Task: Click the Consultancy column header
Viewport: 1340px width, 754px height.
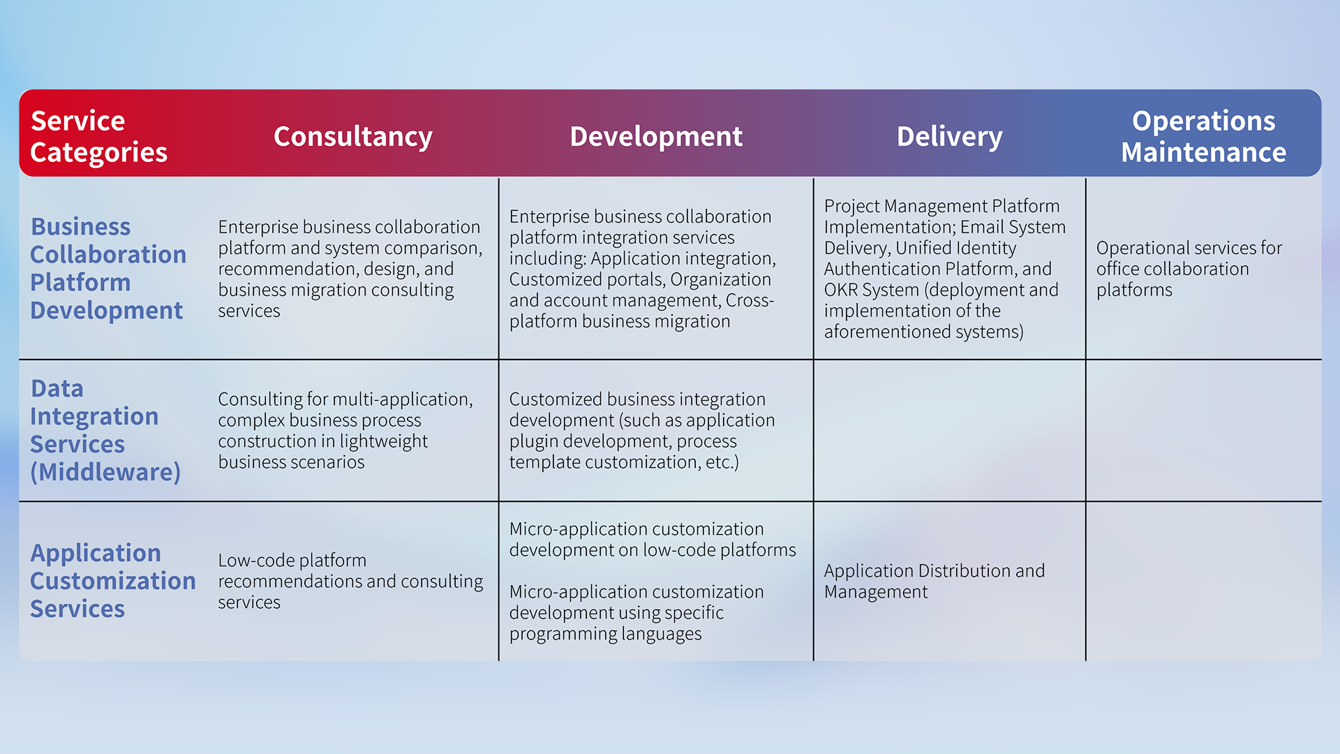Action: (352, 137)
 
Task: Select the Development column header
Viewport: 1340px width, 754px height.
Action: (656, 137)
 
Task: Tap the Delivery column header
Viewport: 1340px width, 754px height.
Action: (949, 137)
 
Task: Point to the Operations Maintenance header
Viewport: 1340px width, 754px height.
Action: (1203, 137)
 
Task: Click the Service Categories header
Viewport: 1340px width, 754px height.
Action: (98, 137)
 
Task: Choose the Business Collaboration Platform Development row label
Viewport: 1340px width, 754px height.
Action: (108, 269)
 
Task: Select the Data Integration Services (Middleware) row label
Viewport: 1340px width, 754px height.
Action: (105, 430)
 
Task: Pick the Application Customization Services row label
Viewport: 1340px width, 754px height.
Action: (112, 581)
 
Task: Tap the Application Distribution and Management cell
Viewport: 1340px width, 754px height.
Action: (934, 581)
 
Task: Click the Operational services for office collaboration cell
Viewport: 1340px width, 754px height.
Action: (1189, 269)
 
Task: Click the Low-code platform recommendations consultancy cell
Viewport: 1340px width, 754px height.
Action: (350, 581)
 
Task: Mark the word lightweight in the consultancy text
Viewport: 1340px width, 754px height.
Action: (383, 441)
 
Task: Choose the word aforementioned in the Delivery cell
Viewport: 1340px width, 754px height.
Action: (887, 332)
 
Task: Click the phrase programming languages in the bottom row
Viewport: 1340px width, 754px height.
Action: (605, 634)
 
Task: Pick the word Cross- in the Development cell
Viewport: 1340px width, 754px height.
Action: (750, 300)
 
